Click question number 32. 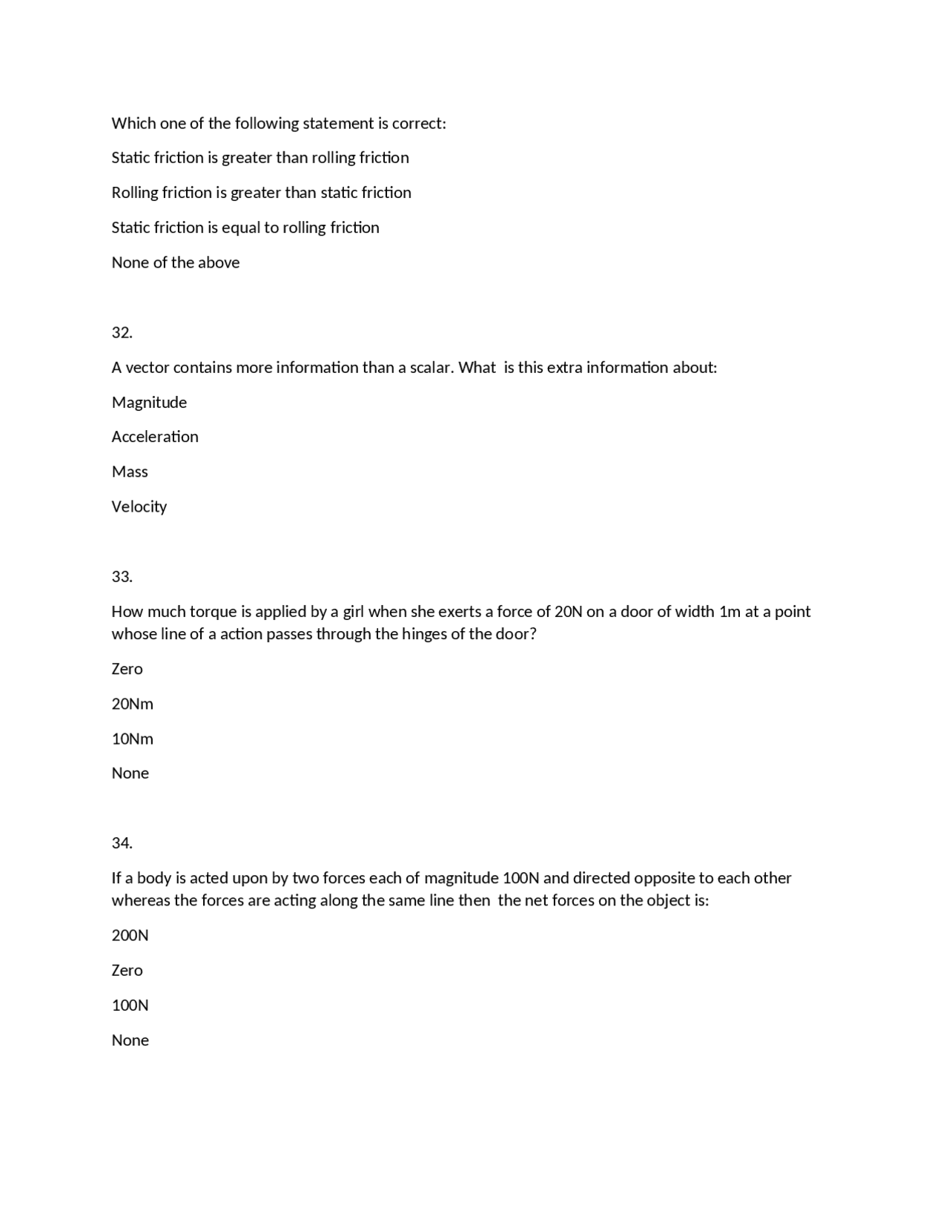point(122,333)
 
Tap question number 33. point(122,577)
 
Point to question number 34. point(122,843)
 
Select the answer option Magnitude point(149,403)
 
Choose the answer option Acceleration point(155,437)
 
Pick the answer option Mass point(130,472)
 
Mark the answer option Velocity point(139,507)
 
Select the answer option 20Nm point(133,704)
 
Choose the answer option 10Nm point(133,739)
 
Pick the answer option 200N point(130,936)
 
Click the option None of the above point(176,263)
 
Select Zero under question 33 point(128,669)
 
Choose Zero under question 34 point(128,971)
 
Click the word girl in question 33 point(353,613)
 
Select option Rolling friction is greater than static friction point(262,193)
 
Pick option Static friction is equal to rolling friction point(245,228)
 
